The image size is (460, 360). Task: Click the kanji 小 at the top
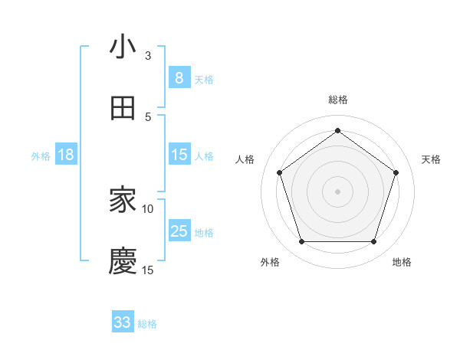(x=123, y=47)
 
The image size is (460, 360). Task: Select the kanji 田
(x=123, y=108)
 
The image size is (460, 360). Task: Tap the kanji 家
(x=123, y=201)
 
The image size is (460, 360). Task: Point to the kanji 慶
(x=123, y=261)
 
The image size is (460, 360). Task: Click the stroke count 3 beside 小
(x=148, y=56)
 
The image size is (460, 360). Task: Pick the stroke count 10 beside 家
(x=148, y=208)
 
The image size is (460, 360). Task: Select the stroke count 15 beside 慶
(x=148, y=270)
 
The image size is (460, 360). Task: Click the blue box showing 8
(x=179, y=78)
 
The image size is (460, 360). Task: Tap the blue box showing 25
(x=179, y=231)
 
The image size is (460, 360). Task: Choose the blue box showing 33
(x=123, y=322)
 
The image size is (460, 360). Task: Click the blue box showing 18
(x=66, y=155)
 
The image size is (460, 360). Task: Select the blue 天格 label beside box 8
(x=204, y=80)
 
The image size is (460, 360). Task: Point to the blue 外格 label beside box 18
(x=41, y=156)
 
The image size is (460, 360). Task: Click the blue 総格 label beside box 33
(x=147, y=324)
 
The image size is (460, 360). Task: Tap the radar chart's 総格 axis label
(x=338, y=100)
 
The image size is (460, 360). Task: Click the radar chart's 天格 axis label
(x=431, y=159)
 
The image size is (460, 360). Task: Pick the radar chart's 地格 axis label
(x=402, y=262)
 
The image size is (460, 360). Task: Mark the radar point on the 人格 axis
(x=280, y=172)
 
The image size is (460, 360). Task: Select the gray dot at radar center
(x=338, y=191)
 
